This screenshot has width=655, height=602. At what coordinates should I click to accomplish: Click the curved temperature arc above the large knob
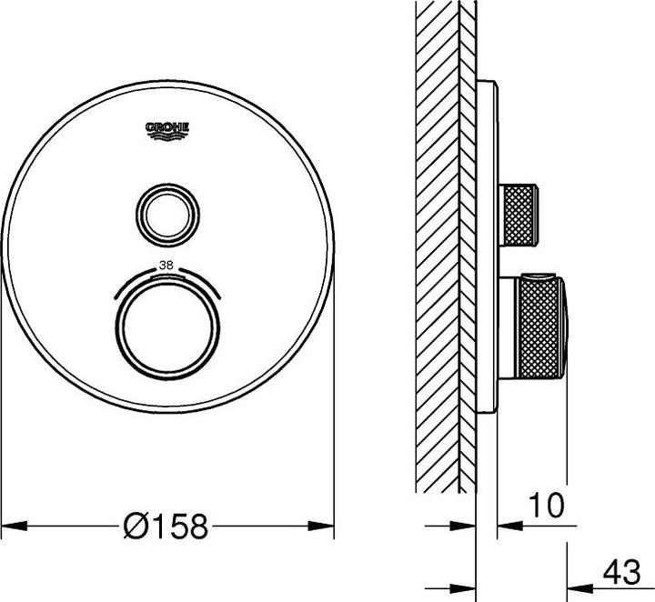[166, 276]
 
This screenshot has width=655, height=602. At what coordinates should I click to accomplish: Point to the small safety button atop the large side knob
[540, 275]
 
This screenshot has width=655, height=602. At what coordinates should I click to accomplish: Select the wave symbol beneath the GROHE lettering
[167, 136]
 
